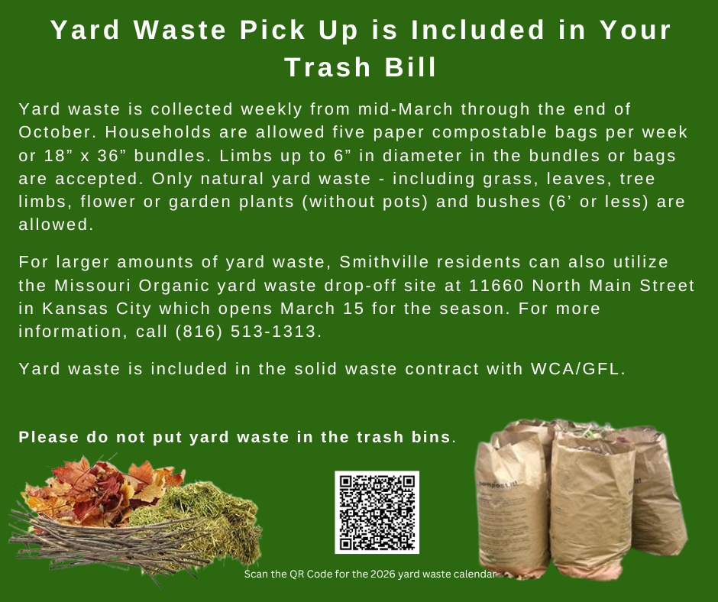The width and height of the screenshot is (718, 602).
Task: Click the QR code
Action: [377, 512]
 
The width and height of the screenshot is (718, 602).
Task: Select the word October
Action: [51, 132]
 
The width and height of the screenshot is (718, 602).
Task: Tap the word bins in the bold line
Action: [432, 438]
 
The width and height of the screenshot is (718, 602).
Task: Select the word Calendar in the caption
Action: [474, 574]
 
